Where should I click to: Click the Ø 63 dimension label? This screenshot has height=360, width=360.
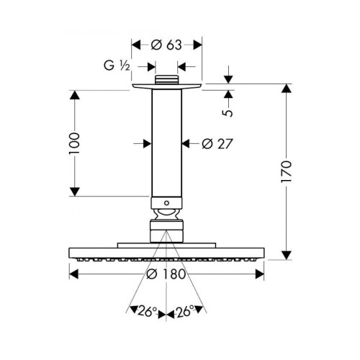click(166, 45)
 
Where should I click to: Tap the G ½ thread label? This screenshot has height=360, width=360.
click(117, 66)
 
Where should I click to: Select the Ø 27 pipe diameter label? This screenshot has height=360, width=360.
click(217, 144)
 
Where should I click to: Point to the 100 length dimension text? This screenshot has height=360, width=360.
click(74, 143)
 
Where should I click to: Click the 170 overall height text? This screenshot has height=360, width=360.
click(287, 171)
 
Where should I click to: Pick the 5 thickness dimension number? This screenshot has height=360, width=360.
click(228, 113)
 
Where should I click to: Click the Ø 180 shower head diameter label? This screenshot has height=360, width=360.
click(166, 274)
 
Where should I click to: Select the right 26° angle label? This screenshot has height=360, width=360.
click(185, 312)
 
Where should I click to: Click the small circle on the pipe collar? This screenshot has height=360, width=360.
click(166, 203)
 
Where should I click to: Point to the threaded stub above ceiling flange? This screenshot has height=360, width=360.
click(167, 80)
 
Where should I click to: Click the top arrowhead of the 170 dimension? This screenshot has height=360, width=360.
click(287, 88)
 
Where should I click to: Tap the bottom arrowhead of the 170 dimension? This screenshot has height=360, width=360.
click(287, 255)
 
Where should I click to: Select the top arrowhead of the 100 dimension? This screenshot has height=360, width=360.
click(75, 94)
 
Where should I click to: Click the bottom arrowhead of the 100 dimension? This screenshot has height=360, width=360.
click(75, 192)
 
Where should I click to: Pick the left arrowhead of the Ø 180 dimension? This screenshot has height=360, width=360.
click(73, 274)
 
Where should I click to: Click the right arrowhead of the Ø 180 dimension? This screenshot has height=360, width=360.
click(259, 274)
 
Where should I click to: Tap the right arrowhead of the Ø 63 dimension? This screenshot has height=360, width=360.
click(197, 45)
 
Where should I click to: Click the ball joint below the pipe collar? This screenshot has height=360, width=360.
click(167, 214)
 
